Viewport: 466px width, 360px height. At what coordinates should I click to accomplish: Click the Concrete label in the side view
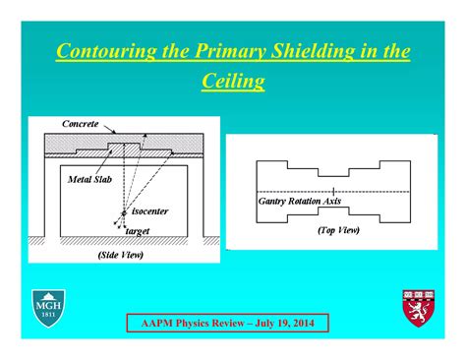(x=81, y=124)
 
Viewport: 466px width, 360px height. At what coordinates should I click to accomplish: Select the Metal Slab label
(x=88, y=180)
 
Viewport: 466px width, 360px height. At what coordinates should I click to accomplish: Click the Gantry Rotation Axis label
(x=300, y=201)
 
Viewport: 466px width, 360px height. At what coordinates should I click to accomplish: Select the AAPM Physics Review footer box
(x=228, y=324)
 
